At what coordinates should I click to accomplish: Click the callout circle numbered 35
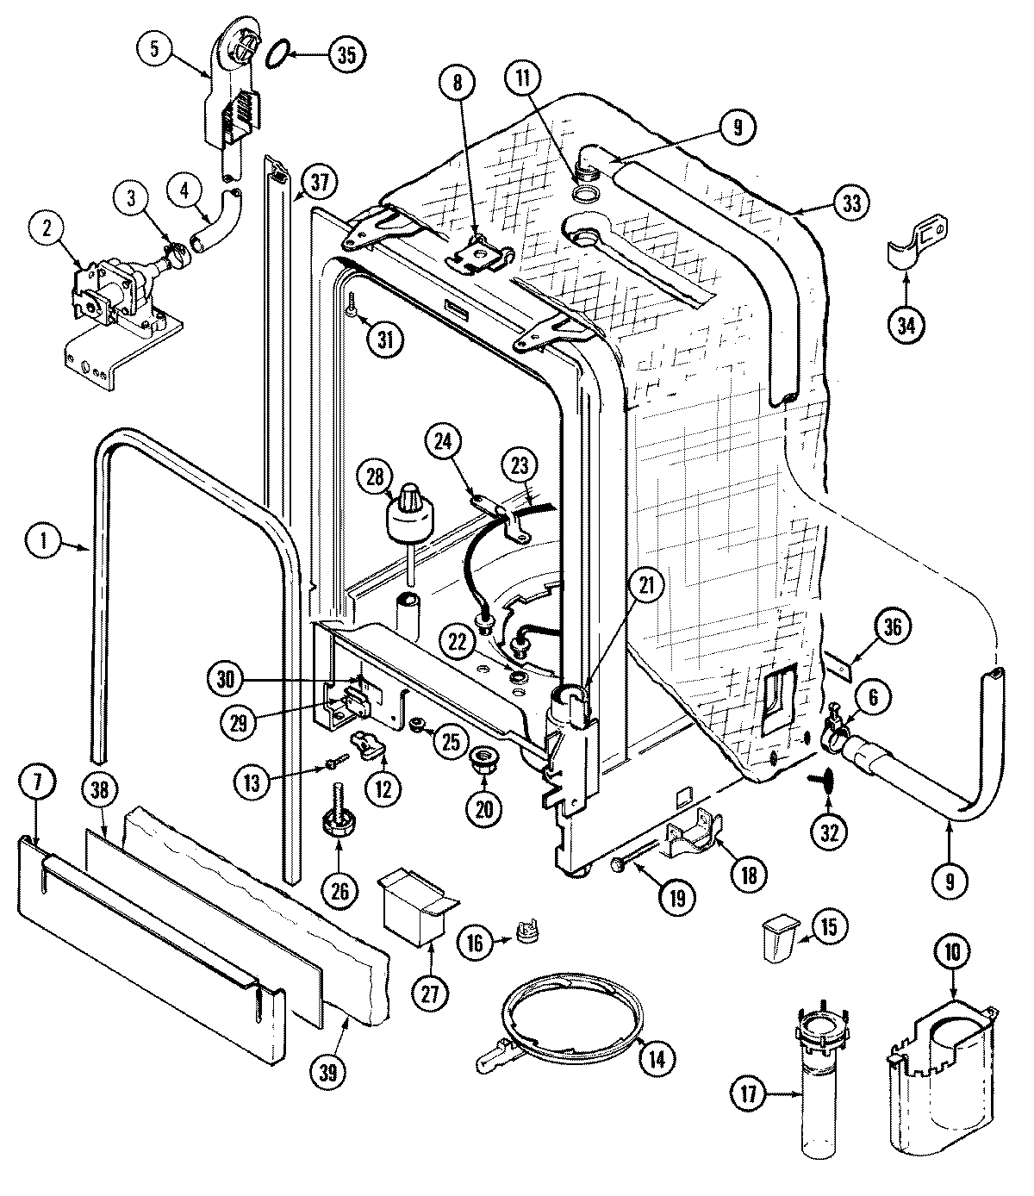pyautogui.click(x=346, y=54)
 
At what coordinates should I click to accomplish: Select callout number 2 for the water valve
pyautogui.click(x=47, y=205)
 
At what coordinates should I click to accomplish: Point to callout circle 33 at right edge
pyautogui.click(x=851, y=203)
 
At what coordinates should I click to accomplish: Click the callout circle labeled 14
pyautogui.click(x=657, y=1058)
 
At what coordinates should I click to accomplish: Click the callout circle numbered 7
pyautogui.click(x=42, y=784)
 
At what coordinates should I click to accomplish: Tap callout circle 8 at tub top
pyautogui.click(x=458, y=84)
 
